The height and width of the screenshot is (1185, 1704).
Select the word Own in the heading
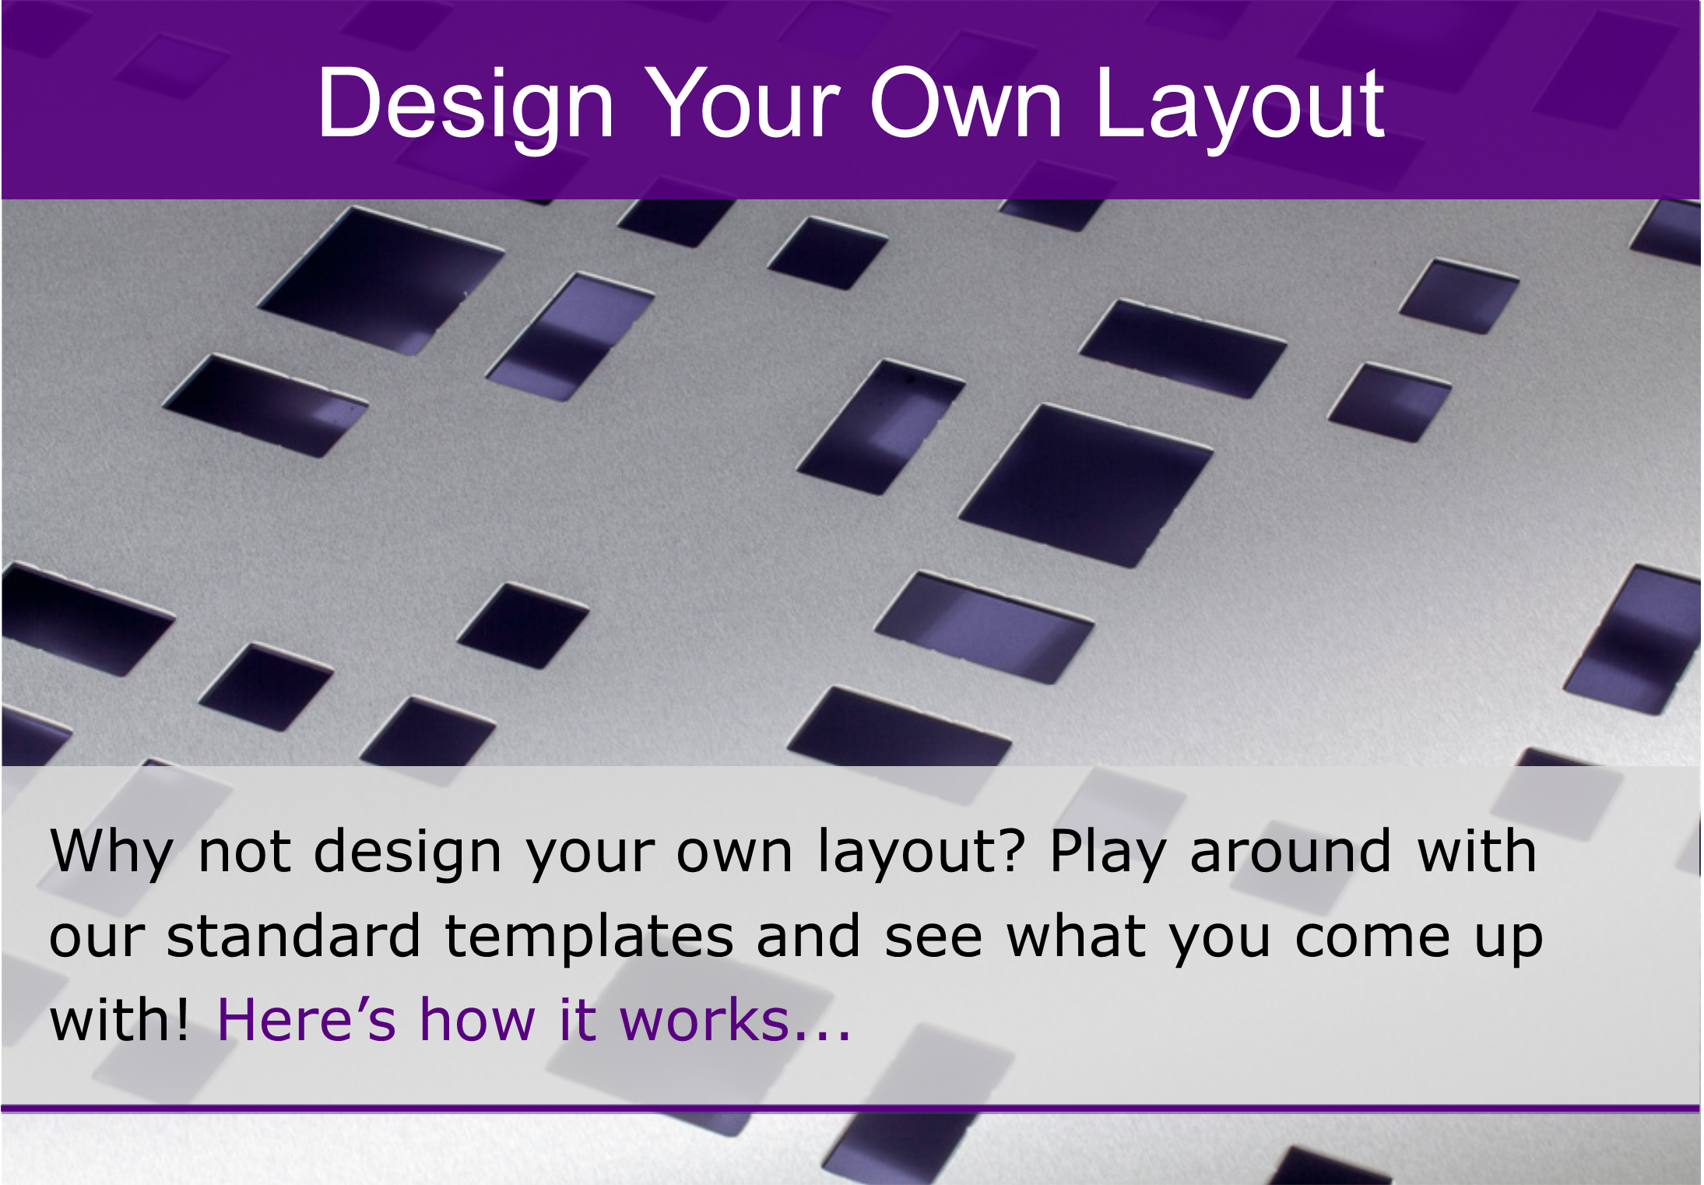point(966,104)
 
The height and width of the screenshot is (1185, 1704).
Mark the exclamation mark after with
point(181,1019)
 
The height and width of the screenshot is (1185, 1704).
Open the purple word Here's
point(306,1019)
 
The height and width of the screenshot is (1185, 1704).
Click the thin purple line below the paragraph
point(851,1109)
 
